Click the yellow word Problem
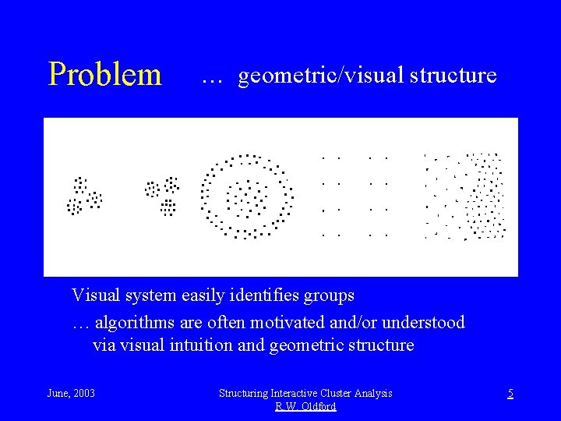coord(104,75)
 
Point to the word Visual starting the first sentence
coord(97,295)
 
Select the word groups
coord(327,296)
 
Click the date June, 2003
coord(71,394)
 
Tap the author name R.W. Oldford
coord(305,407)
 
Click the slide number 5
coord(510,394)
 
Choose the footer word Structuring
coord(246,394)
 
